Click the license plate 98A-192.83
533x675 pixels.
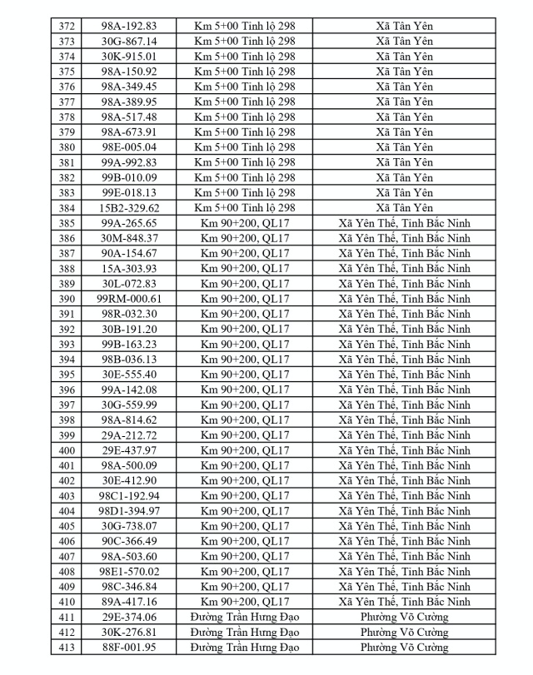[129, 26]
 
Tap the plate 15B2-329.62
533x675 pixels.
[129, 207]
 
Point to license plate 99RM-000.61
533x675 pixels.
[129, 298]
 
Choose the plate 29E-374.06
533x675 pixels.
[129, 617]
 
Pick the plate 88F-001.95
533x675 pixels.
[129, 647]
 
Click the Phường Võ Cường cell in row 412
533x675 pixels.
[404, 632]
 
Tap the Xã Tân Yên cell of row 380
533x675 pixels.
[404, 147]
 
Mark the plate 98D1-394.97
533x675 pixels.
[129, 510]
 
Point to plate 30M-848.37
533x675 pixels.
[129, 238]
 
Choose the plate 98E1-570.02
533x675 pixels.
[129, 571]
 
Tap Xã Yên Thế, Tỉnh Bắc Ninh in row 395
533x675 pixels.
[404, 374]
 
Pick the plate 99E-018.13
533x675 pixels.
[129, 192]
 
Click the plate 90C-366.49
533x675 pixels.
[129, 540]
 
